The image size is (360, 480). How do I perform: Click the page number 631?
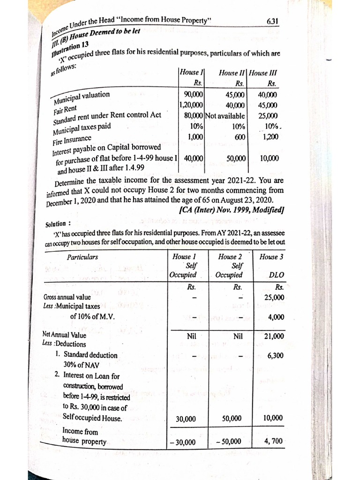click(272, 21)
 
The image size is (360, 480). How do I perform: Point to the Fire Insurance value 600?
click(240, 137)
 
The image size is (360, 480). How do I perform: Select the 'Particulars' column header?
click(82, 257)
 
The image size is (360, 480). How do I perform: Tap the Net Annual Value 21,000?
click(274, 336)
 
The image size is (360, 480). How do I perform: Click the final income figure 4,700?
click(274, 441)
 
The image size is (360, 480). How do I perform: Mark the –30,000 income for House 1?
click(185, 442)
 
